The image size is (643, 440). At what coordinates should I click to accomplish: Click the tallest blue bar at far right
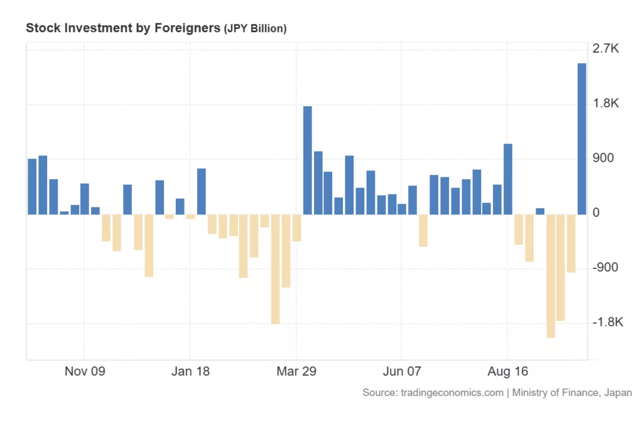click(x=582, y=138)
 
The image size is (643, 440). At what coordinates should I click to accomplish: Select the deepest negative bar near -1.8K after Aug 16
click(x=551, y=276)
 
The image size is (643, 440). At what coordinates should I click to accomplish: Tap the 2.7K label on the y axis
click(x=606, y=49)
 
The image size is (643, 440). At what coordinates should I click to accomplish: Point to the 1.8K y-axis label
click(x=606, y=104)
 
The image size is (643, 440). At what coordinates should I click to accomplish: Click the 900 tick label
click(x=603, y=158)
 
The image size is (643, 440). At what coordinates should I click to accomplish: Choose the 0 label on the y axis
click(x=597, y=213)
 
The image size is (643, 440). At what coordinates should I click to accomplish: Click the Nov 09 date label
click(x=85, y=371)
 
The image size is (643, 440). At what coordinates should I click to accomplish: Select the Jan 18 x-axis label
click(x=191, y=371)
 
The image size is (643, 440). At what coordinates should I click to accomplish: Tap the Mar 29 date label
click(x=296, y=371)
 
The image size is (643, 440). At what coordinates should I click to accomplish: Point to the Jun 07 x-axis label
click(x=402, y=371)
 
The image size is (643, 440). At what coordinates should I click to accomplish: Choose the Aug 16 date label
click(x=507, y=371)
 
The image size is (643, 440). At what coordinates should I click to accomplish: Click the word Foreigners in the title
click(x=187, y=28)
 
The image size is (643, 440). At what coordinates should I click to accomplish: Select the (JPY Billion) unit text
click(x=255, y=29)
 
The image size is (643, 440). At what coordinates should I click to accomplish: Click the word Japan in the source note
click(x=618, y=393)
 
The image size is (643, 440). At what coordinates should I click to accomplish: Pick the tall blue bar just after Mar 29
click(x=308, y=160)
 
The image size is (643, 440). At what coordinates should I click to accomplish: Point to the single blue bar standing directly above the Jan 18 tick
click(x=202, y=191)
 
